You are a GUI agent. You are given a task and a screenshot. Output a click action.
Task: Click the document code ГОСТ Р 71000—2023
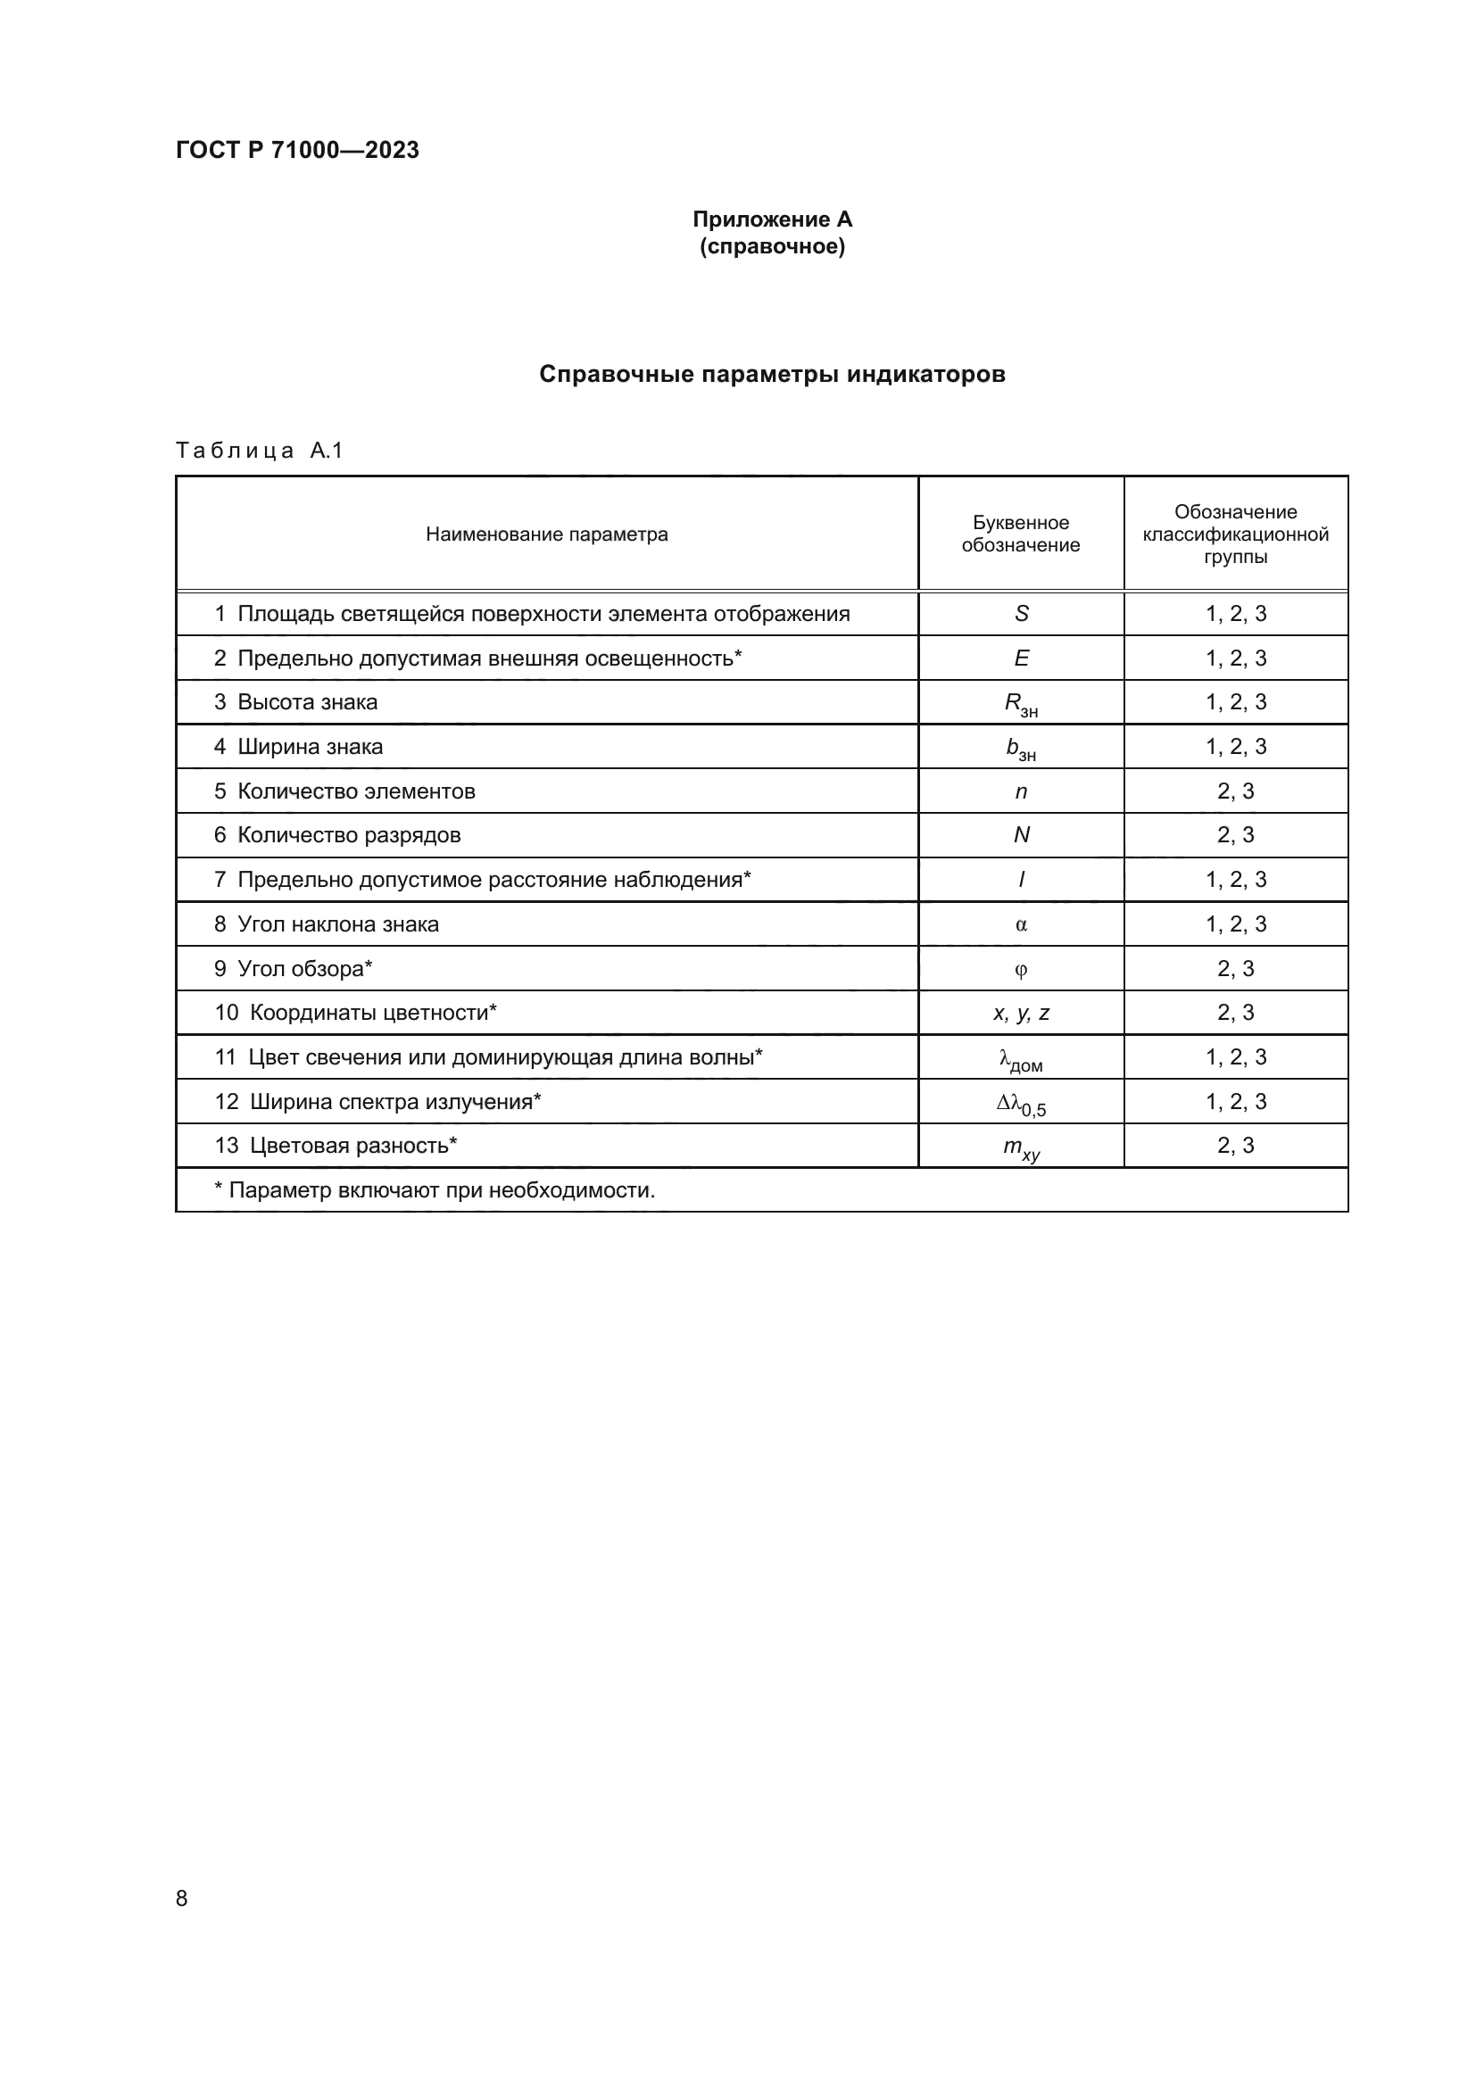click(297, 150)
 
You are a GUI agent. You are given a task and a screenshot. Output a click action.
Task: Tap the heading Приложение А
click(772, 219)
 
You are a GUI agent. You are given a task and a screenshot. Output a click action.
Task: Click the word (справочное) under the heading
click(772, 246)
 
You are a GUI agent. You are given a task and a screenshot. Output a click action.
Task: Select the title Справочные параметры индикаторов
click(772, 375)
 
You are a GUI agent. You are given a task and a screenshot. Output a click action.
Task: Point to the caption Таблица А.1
click(259, 451)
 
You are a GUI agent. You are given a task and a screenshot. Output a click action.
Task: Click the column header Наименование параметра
click(546, 534)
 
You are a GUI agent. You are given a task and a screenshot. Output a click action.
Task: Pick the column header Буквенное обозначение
click(1020, 534)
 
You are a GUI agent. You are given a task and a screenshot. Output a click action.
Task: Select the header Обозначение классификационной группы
click(1234, 534)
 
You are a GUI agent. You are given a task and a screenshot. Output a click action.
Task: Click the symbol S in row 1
click(1021, 614)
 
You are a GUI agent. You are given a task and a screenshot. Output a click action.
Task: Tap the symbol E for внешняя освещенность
click(1021, 658)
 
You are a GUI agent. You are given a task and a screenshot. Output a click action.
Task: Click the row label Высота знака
click(307, 702)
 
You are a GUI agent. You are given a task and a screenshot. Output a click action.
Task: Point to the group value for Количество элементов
click(1234, 791)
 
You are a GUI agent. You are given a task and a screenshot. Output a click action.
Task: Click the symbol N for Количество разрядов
click(1021, 835)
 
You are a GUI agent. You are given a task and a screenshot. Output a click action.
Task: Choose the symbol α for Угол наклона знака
click(1021, 924)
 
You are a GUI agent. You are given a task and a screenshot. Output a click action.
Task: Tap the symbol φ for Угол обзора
click(1021, 969)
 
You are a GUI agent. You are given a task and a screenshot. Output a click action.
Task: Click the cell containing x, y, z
click(1021, 1013)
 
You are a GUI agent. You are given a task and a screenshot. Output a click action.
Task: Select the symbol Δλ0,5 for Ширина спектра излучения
click(1021, 1104)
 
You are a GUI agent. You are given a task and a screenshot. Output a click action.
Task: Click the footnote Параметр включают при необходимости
click(435, 1191)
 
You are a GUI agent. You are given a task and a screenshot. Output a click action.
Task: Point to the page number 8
click(182, 1898)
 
